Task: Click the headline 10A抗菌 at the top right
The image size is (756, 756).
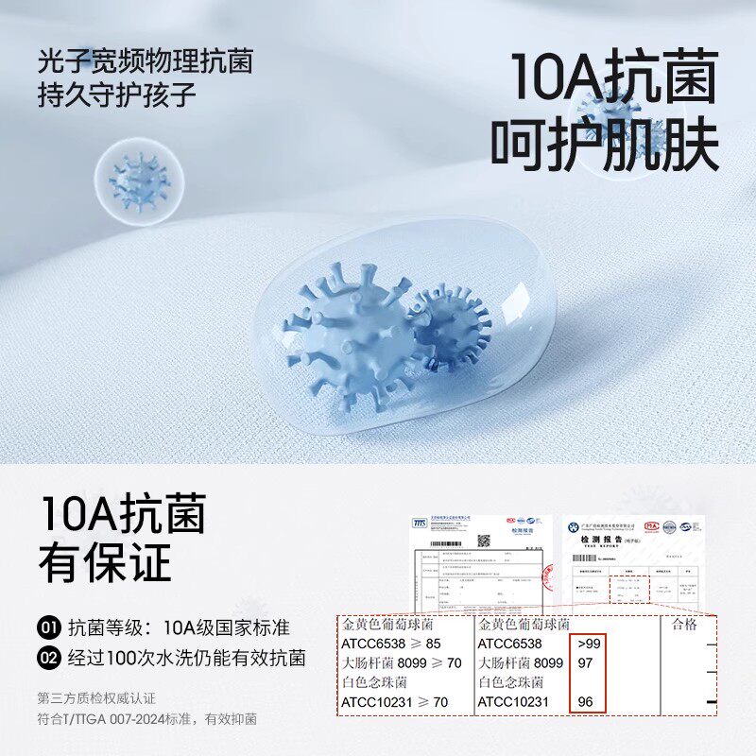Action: [614, 77]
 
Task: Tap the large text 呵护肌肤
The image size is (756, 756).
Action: [605, 146]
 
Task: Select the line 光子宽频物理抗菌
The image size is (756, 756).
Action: [146, 63]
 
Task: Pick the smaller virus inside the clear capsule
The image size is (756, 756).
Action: [452, 326]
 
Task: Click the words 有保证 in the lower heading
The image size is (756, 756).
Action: [105, 562]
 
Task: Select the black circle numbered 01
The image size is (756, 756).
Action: [49, 628]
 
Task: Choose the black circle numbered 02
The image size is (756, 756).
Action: [49, 659]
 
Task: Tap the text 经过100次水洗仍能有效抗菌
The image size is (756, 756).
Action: [186, 659]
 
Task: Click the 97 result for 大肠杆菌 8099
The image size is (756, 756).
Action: [585, 663]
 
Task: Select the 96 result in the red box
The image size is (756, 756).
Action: [585, 702]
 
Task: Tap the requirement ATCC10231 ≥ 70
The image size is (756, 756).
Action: [394, 702]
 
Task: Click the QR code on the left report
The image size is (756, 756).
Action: [484, 541]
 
